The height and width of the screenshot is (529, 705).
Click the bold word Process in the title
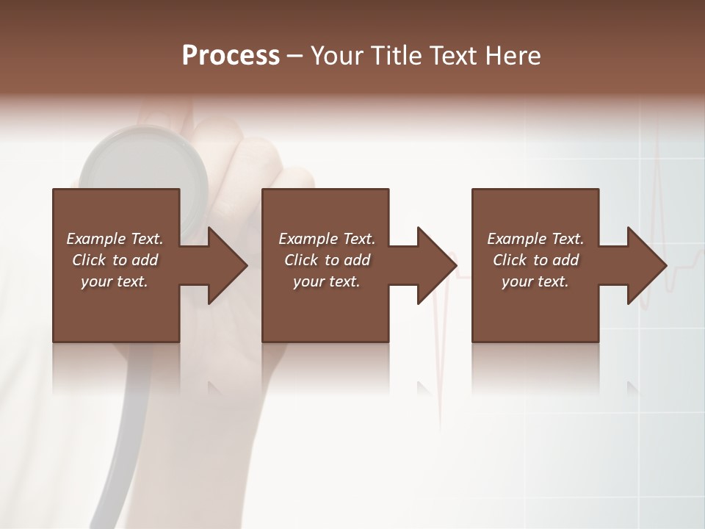231,56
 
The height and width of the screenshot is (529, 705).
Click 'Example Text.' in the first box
115,239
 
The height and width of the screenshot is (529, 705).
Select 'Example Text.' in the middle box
327,239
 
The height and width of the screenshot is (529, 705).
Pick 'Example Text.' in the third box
535,239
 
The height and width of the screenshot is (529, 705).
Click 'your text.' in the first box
115,281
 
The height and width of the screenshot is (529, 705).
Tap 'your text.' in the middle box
327,281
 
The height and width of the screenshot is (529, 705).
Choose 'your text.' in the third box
535,281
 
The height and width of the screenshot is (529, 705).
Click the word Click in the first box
90,260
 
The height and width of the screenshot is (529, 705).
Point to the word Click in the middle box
302,260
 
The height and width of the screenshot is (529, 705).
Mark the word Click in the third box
510,260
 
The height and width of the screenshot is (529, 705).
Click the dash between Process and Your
295,57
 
